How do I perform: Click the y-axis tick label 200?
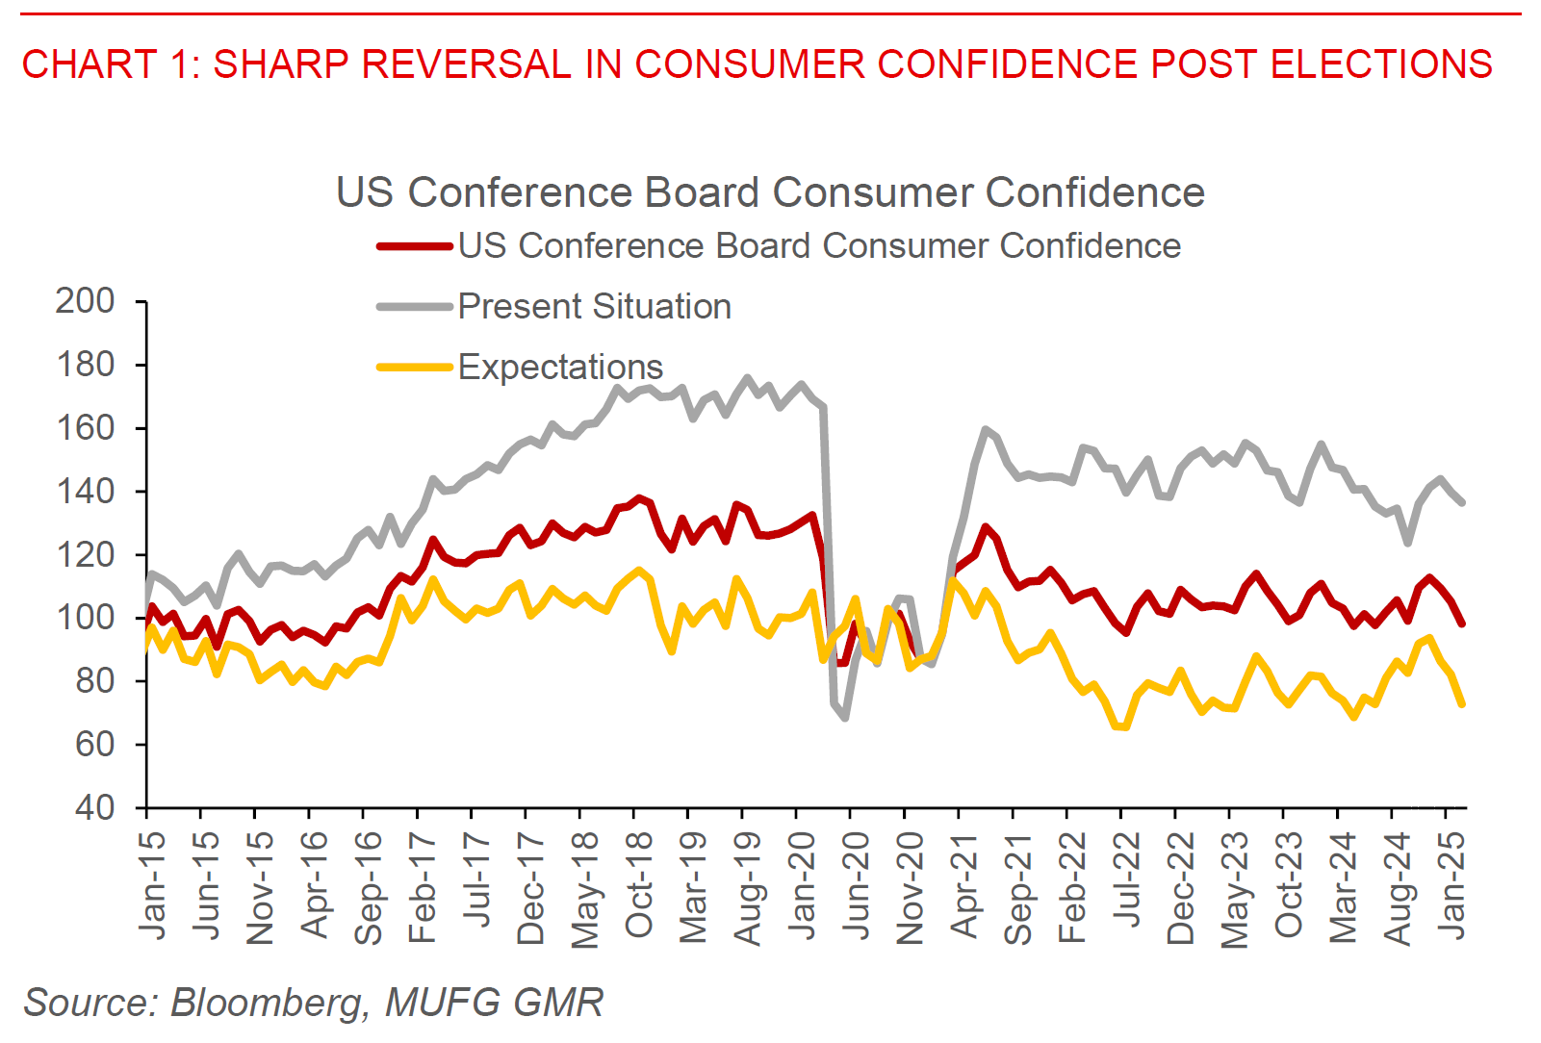(85, 301)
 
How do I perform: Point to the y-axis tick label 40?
(94, 807)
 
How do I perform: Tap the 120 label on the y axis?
(85, 554)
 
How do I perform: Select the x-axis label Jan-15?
(152, 884)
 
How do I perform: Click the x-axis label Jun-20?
(856, 885)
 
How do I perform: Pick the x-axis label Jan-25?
(1451, 884)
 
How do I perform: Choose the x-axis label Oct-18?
(639, 885)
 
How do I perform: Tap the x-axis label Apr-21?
(963, 885)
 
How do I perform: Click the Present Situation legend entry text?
(594, 307)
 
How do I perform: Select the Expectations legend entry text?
(560, 368)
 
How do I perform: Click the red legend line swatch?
(414, 247)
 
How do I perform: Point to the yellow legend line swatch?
(414, 368)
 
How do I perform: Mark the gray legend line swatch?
(414, 307)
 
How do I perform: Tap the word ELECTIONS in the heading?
(1381, 64)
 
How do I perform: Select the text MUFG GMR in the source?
(495, 1003)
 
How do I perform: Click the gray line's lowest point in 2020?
(844, 718)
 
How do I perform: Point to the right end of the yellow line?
(1462, 704)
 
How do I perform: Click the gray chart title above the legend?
(770, 192)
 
